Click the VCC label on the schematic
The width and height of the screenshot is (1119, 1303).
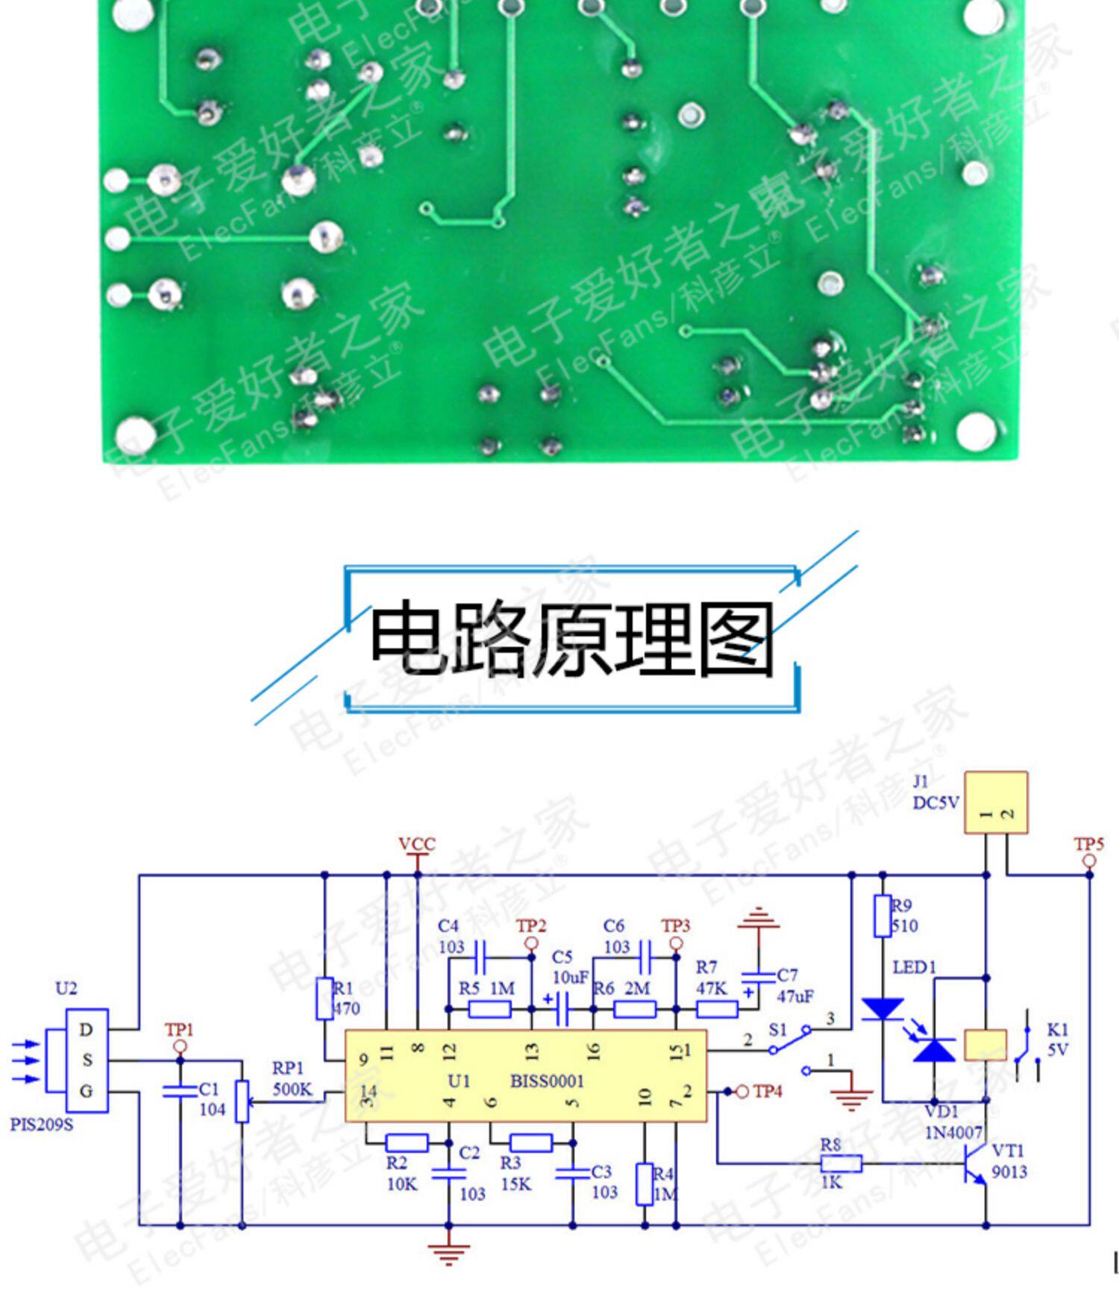416,844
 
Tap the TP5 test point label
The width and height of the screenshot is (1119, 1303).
1088,844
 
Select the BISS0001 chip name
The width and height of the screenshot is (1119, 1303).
547,1081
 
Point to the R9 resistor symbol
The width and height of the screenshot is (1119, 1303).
883,916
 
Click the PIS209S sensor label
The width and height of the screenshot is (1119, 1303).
42,1124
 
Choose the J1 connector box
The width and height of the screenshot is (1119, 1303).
996,803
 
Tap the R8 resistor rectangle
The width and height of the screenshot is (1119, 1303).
841,1163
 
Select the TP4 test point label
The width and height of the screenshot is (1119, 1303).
768,1092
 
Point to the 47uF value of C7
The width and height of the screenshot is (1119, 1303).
795,996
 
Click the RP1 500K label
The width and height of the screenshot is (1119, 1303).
292,1079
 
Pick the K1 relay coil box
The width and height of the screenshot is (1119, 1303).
985,1045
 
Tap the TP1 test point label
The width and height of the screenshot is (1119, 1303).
179,1030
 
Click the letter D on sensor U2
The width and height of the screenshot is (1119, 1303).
87,1030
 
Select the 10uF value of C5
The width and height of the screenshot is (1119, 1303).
571,977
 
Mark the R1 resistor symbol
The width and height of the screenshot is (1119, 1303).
324,999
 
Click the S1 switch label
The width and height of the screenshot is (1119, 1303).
778,1030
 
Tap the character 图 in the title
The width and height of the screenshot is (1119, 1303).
735,640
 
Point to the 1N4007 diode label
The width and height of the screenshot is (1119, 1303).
953,1133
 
